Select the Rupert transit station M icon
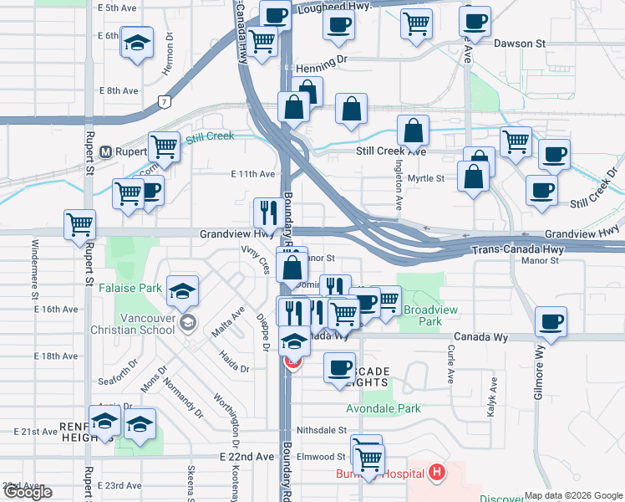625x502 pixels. click(106, 152)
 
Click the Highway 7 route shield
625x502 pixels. click(165, 102)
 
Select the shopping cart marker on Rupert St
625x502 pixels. click(80, 224)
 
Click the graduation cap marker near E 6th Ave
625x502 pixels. click(137, 41)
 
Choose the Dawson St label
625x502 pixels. click(519, 43)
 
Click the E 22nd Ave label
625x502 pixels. click(246, 458)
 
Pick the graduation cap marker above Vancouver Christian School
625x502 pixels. click(182, 291)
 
